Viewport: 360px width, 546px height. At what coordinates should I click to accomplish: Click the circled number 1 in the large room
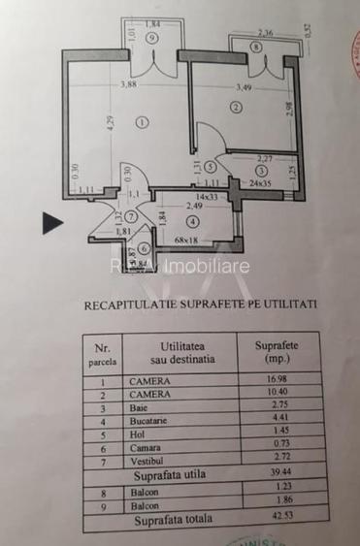[143, 121]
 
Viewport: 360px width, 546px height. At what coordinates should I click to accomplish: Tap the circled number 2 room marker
[236, 108]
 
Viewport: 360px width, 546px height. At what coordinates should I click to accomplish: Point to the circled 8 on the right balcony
[256, 46]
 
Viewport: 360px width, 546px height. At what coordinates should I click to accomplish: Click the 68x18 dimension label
[187, 240]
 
